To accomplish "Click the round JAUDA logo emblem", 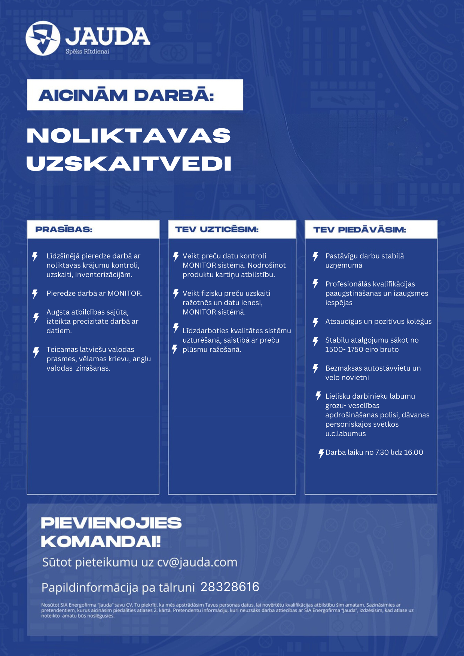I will [43, 38].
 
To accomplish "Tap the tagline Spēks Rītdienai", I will [87, 52].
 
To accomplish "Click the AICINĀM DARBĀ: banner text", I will [126, 95].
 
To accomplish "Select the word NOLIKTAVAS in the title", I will [129, 135].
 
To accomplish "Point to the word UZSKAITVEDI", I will [129, 164].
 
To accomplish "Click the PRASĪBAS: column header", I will [64, 229].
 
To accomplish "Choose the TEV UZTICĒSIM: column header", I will [217, 229].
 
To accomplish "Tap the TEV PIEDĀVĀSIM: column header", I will [359, 230].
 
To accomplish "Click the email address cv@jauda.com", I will [197, 562].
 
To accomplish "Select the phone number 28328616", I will [230, 587].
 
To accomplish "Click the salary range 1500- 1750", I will [343, 349].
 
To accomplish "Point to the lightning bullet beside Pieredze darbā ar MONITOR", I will [35, 294].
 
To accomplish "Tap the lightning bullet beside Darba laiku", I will [321, 454].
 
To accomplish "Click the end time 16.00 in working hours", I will [413, 452].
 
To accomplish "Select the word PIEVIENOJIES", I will [111, 523].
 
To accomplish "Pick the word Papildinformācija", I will [90, 588].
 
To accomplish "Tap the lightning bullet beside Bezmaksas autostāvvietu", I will [315, 369].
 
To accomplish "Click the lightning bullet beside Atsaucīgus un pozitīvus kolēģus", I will [315, 322].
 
